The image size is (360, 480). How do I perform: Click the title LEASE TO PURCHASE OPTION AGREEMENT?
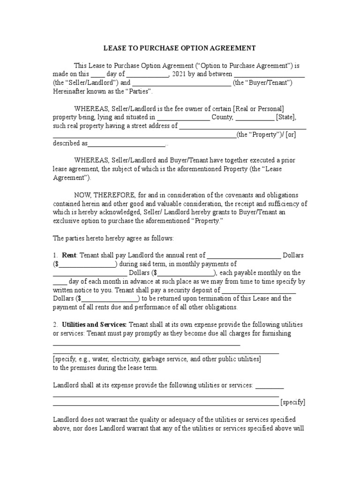[179, 48]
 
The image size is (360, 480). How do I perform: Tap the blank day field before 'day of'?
[97, 74]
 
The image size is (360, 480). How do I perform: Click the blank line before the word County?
[183, 117]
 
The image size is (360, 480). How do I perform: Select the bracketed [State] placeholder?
[286, 117]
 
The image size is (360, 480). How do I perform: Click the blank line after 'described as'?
[127, 143]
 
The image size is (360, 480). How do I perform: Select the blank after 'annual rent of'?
[244, 255]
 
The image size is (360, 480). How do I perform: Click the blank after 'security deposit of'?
[258, 290]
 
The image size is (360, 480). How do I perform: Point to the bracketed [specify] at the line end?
[293, 402]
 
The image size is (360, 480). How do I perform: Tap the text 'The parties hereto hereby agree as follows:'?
[113, 238]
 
